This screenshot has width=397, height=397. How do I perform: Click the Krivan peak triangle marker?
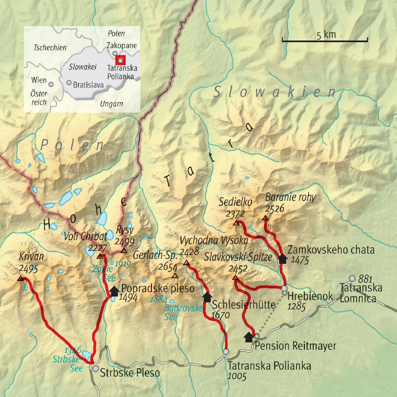(x=20, y=279)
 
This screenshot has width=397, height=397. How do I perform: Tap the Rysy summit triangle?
(x=124, y=251)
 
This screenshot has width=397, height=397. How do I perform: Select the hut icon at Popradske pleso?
(x=114, y=291)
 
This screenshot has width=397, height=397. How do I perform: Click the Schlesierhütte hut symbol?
(x=207, y=297)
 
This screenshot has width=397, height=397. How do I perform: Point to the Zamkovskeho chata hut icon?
(x=282, y=258)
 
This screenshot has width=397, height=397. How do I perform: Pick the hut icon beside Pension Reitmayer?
(x=249, y=337)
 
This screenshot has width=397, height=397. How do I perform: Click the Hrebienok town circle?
(x=285, y=288)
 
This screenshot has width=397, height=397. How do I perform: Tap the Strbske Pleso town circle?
(x=96, y=368)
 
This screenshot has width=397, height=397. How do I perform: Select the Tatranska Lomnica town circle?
(x=352, y=278)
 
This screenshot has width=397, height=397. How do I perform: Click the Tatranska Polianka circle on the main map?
(x=226, y=352)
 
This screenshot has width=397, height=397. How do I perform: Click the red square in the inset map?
(x=120, y=60)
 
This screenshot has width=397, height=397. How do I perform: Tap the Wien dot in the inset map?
(x=51, y=84)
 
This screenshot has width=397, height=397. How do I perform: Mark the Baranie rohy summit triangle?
(x=265, y=218)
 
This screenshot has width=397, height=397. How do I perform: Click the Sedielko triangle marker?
(x=236, y=223)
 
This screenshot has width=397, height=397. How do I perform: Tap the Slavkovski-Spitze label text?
(x=238, y=257)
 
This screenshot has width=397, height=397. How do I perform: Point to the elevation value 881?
(x=366, y=279)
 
